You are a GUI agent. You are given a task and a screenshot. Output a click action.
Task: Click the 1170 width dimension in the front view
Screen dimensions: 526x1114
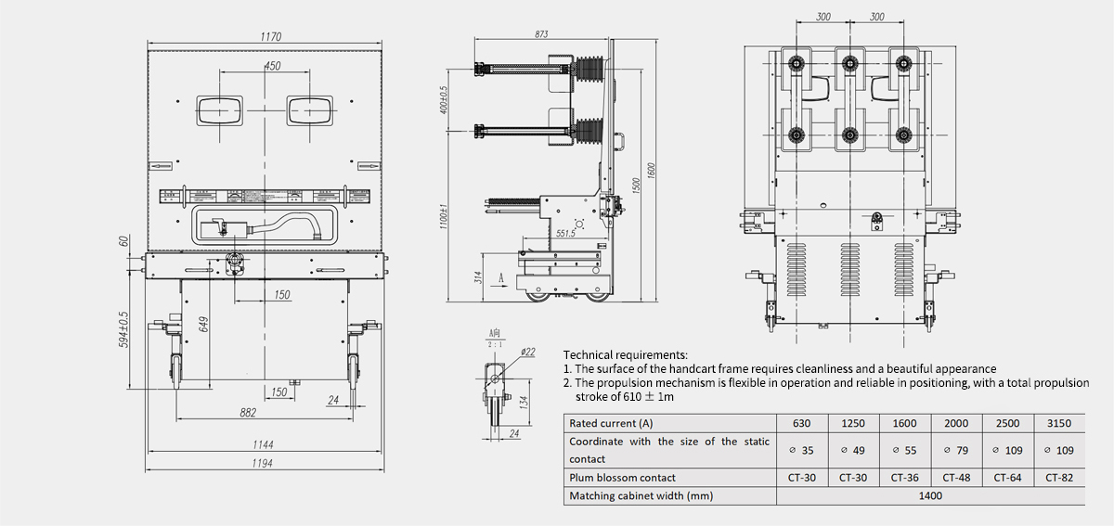(x=270, y=36)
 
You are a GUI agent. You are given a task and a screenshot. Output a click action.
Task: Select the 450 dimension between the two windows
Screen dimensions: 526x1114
(x=272, y=66)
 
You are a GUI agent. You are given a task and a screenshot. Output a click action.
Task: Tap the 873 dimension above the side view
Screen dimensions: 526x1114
(x=542, y=34)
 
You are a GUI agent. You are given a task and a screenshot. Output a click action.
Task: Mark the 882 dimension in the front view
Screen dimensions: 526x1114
(x=248, y=413)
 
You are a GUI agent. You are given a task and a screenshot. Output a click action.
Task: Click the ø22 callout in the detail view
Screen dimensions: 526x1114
(x=527, y=352)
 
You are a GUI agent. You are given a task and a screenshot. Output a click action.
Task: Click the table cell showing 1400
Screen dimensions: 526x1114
(x=930, y=495)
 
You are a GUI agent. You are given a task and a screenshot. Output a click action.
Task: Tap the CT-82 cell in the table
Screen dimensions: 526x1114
(x=1059, y=478)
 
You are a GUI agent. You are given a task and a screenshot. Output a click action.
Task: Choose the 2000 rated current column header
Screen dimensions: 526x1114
(x=955, y=423)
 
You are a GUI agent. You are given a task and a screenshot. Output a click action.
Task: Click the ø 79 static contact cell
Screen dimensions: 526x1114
(x=955, y=450)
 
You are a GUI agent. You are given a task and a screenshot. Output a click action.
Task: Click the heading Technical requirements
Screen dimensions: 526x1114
(x=626, y=354)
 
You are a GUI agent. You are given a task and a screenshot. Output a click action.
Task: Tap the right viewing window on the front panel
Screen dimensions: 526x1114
(x=309, y=109)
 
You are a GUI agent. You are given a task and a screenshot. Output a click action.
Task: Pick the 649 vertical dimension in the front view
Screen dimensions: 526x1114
(x=203, y=324)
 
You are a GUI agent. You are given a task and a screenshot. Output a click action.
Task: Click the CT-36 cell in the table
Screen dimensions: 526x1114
(x=904, y=478)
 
